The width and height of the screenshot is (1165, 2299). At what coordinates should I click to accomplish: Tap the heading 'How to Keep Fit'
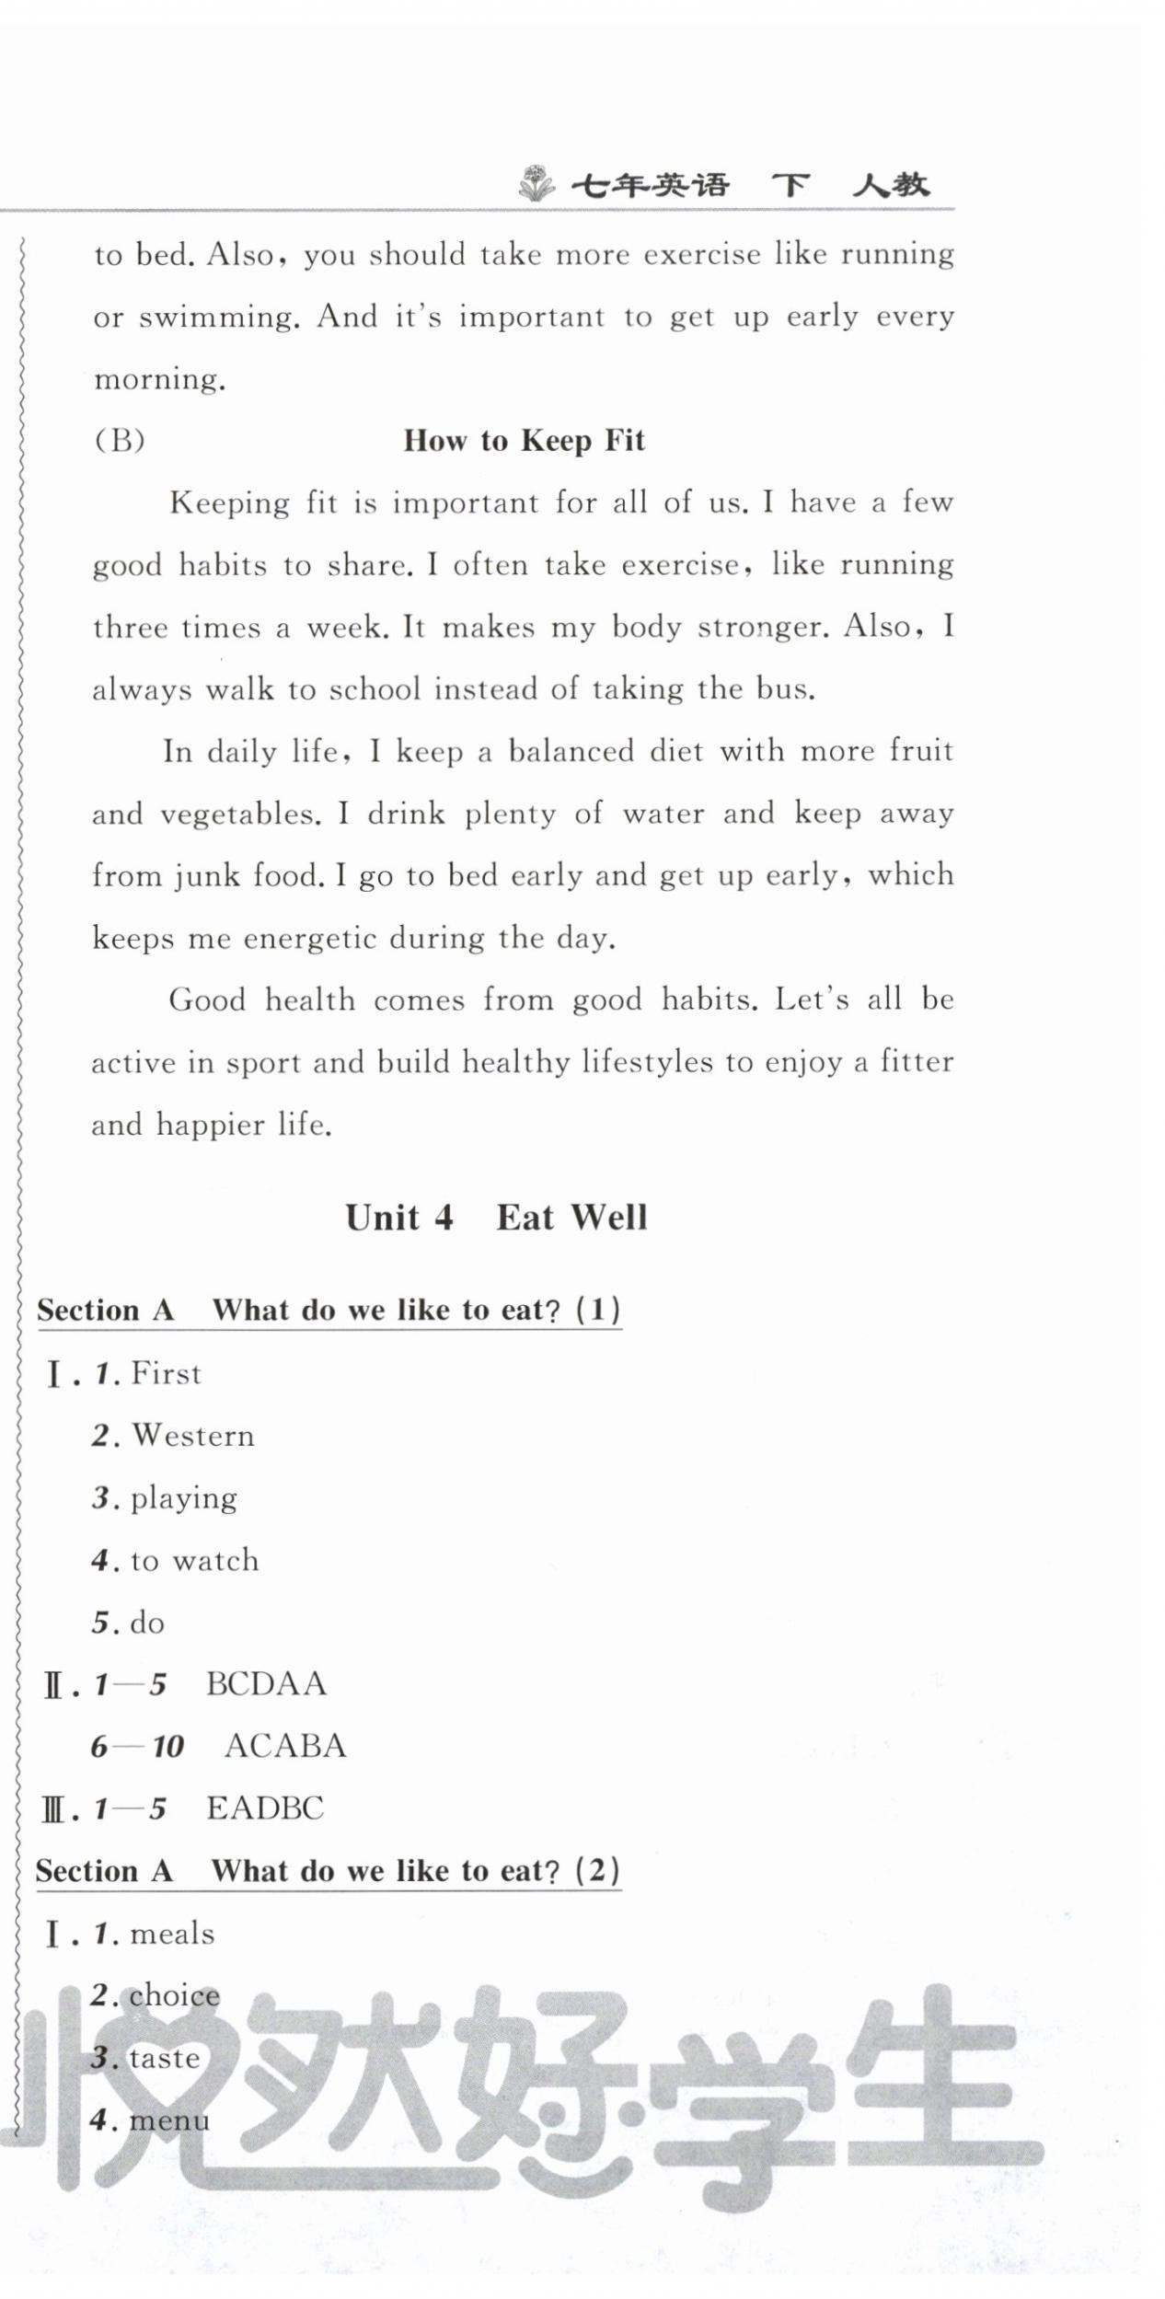coord(524,441)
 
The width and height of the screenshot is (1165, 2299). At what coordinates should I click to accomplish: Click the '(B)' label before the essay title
coord(120,441)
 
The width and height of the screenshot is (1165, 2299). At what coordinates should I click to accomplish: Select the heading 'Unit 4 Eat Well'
coord(496,1218)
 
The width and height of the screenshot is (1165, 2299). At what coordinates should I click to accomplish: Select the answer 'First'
coord(166,1374)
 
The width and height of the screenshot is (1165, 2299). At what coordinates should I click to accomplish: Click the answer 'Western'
coord(192,1436)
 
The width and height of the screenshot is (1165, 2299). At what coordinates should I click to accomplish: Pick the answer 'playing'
coord(183,1499)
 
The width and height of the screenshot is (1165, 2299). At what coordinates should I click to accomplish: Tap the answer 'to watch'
coord(194,1561)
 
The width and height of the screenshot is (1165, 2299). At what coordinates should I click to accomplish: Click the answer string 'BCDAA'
coord(266,1684)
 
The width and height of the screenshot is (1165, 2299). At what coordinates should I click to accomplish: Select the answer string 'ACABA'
coord(284,1746)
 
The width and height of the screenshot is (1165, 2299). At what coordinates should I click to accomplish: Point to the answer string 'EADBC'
coord(265,1808)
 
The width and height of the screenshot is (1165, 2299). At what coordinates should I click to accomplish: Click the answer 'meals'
coord(172,1934)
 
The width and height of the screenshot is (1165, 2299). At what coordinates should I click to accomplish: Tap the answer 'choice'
coord(175,1995)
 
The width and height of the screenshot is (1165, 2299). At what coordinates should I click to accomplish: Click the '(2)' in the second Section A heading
coord(597,1871)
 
